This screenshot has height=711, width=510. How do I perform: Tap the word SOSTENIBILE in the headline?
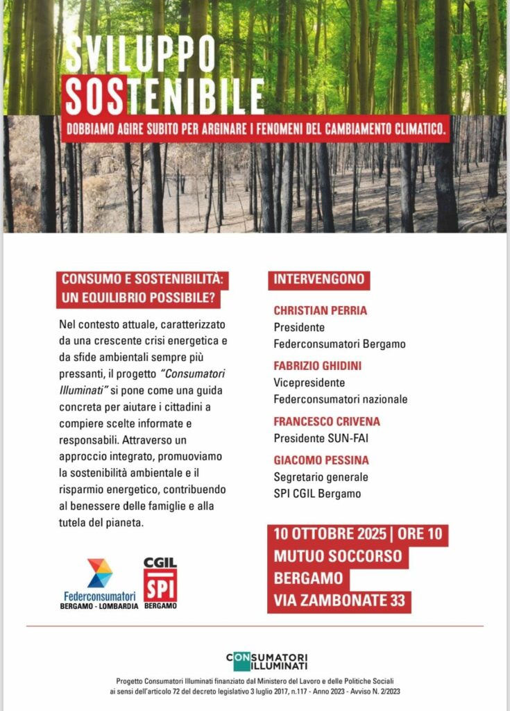164,96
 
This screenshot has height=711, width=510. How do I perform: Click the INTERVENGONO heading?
318,279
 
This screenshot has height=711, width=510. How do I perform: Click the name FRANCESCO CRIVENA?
327,421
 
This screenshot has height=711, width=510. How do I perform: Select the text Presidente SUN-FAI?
321,438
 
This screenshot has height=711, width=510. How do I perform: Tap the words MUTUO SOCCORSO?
338,557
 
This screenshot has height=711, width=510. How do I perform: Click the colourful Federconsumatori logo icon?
100,573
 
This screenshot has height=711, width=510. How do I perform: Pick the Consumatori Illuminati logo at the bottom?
266,661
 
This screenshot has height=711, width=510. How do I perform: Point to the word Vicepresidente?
309,383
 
